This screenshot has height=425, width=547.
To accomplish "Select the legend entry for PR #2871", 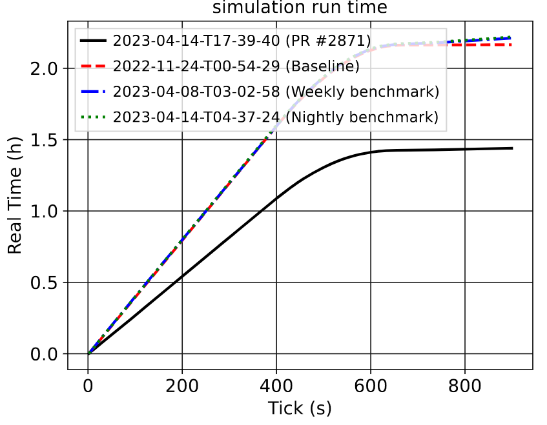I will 242,41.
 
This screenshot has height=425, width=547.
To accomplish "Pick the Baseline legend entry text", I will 236,66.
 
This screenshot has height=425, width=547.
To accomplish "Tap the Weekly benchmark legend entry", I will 276,92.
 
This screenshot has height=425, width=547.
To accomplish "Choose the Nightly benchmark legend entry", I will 276,117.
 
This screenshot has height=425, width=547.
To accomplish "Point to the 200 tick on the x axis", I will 182,386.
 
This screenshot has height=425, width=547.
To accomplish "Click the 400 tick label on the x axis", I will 276,386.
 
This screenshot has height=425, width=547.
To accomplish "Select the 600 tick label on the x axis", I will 371,386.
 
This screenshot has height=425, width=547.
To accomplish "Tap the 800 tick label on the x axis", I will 465,386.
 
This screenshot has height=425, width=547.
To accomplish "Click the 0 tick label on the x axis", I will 88,386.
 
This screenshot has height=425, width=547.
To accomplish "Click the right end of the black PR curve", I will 511,148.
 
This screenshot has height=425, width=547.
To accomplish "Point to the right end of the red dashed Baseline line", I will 511,44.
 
